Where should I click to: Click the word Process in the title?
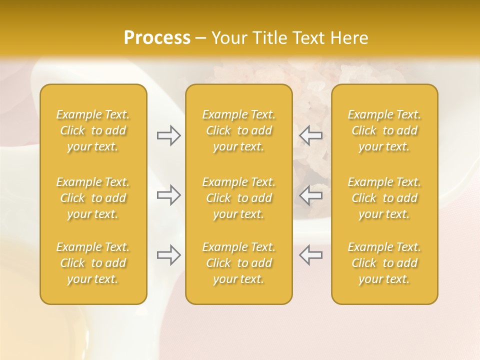pyautogui.click(x=157, y=38)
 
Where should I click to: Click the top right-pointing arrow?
pyautogui.click(x=168, y=135)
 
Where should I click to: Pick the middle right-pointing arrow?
pyautogui.click(x=168, y=195)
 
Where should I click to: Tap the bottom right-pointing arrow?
pyautogui.click(x=168, y=255)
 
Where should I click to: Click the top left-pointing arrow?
pyautogui.click(x=310, y=135)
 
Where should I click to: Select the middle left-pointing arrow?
pyautogui.click(x=310, y=195)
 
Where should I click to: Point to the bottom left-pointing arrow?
pyautogui.click(x=310, y=255)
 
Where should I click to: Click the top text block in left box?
pyautogui.click(x=93, y=130)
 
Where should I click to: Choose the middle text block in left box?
pyautogui.click(x=93, y=198)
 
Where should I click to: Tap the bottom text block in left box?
pyautogui.click(x=93, y=263)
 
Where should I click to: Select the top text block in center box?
pyautogui.click(x=238, y=130)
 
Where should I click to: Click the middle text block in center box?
pyautogui.click(x=238, y=198)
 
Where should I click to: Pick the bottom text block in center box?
pyautogui.click(x=238, y=263)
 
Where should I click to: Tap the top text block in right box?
pyautogui.click(x=384, y=130)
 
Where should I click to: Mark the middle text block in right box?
pyautogui.click(x=384, y=198)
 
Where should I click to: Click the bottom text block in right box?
pyautogui.click(x=384, y=263)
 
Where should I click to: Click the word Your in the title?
pyautogui.click(x=227, y=38)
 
